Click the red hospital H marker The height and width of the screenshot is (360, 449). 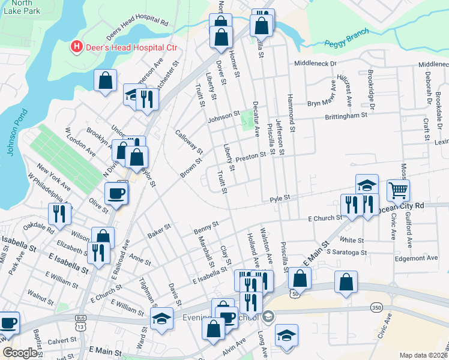coord(76,46)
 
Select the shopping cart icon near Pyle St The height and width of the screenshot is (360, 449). coord(397,191)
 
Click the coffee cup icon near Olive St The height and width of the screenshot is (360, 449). coord(115,193)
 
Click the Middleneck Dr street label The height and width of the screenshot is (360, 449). coord(315,63)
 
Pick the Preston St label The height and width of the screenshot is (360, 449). coord(250,155)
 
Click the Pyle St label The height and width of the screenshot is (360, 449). coord(280,197)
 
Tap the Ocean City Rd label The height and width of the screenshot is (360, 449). coord(402,207)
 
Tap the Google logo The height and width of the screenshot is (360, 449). coord(20,353)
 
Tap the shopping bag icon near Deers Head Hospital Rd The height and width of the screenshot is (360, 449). coord(105,80)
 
